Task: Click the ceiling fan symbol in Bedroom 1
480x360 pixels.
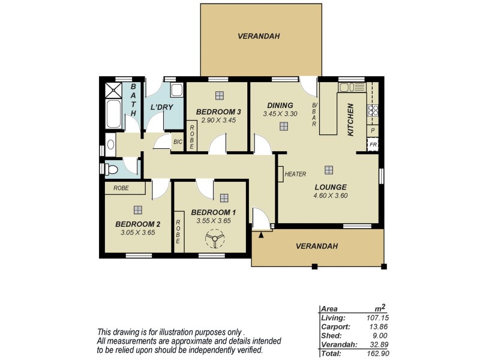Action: (214, 241)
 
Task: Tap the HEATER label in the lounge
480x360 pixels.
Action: (295, 174)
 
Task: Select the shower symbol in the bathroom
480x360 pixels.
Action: (113, 91)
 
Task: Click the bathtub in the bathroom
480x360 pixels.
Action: (113, 114)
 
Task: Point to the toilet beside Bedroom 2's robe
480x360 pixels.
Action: (111, 169)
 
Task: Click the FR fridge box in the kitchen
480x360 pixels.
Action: (373, 145)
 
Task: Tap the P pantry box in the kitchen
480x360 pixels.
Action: (373, 130)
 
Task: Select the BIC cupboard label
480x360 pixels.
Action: (178, 142)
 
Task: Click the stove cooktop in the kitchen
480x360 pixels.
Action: (372, 110)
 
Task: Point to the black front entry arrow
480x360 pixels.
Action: (260, 235)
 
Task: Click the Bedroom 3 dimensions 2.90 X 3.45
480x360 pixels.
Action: (218, 121)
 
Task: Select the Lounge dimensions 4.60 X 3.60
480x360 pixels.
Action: (331, 195)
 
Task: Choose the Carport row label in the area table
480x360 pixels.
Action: (334, 326)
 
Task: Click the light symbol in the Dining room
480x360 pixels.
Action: (283, 126)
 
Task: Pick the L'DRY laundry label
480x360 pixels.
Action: (161, 107)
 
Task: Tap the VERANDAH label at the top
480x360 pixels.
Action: (259, 36)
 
